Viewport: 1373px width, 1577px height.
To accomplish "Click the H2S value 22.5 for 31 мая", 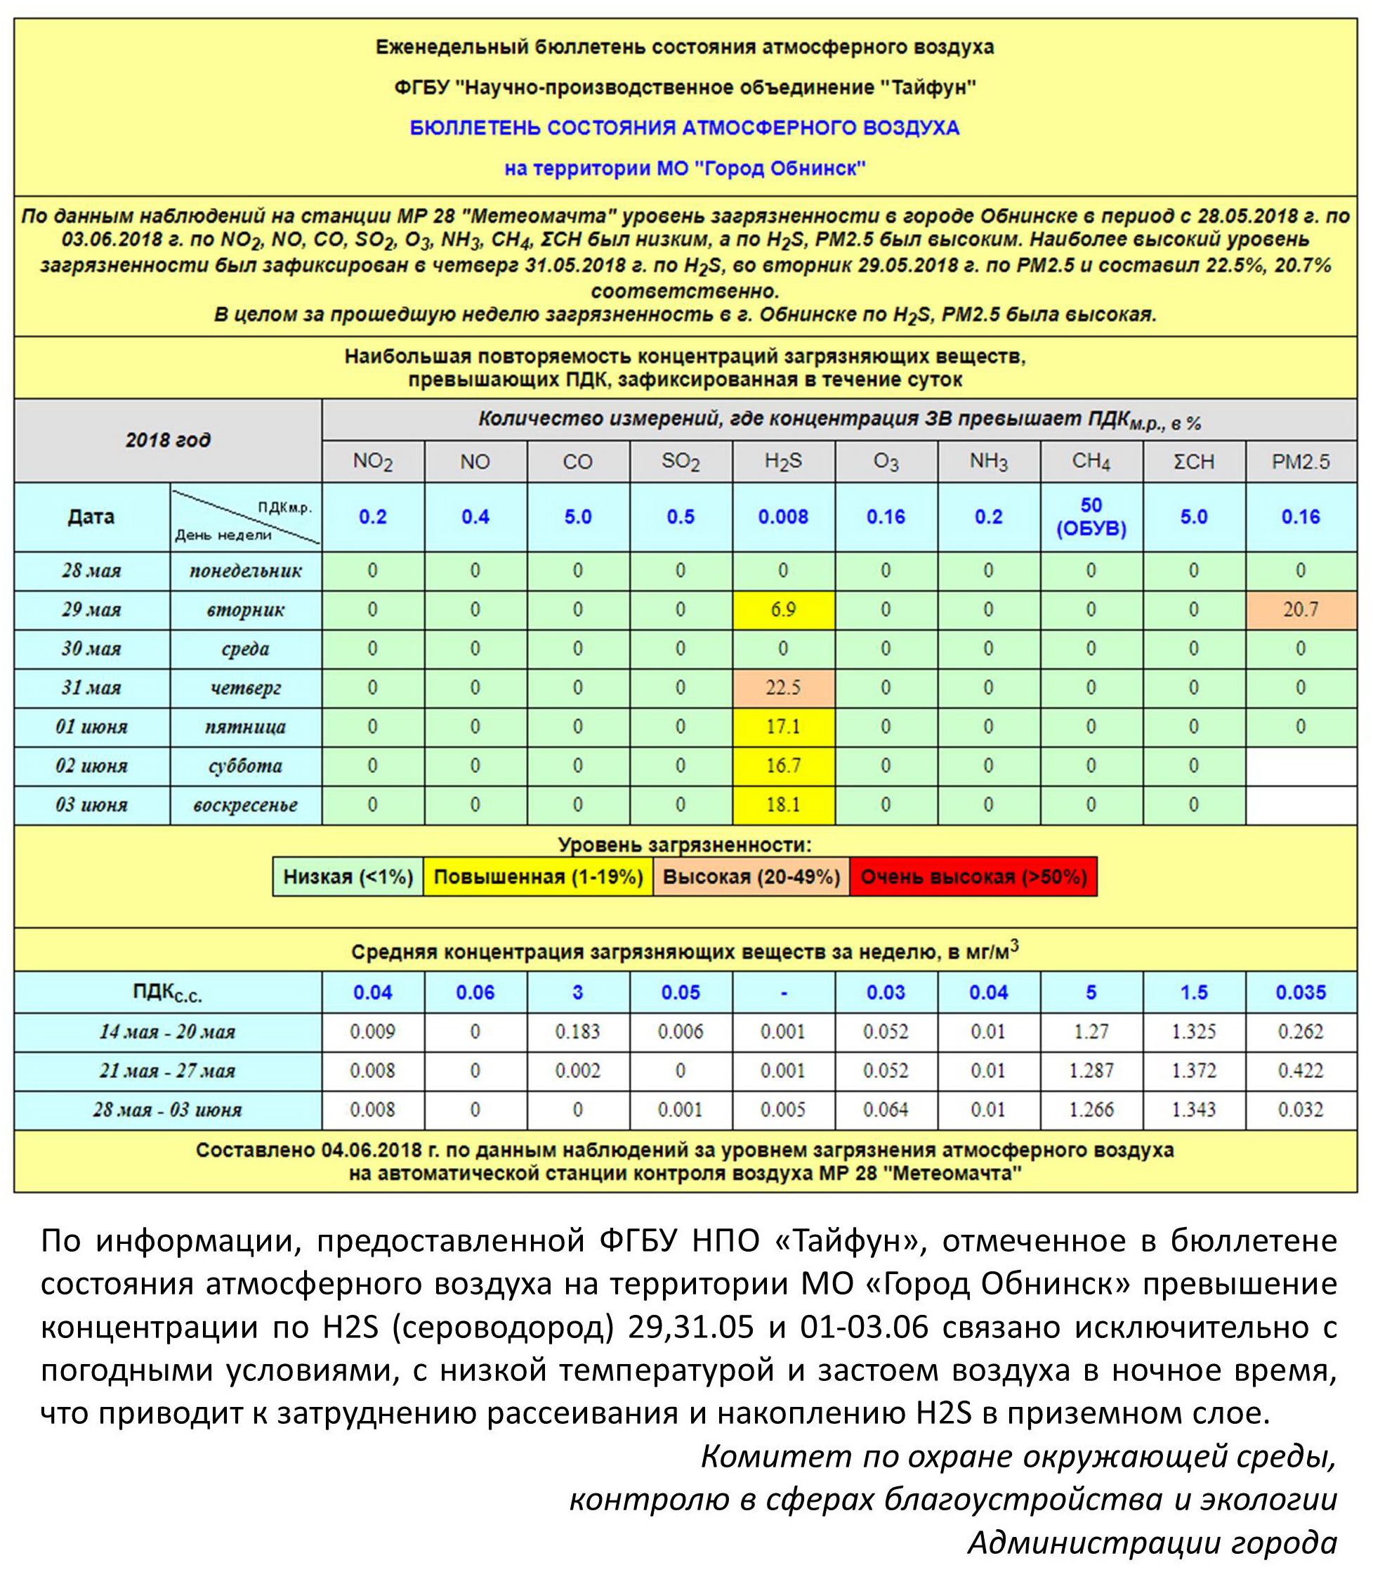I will (x=783, y=688).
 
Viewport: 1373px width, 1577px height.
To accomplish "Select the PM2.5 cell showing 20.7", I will (x=1300, y=609).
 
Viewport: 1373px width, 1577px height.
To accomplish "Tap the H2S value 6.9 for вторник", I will (x=783, y=609).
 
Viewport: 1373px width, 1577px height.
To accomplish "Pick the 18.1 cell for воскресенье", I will (x=783, y=805).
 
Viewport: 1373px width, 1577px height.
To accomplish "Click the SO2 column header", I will (x=681, y=462).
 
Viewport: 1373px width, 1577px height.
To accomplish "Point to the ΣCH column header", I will (x=1194, y=462).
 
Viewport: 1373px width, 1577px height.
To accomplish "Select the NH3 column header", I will (x=988, y=462).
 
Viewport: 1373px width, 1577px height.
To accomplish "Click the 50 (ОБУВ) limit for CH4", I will (x=1091, y=517).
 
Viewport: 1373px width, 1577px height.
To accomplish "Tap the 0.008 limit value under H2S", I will (x=783, y=517).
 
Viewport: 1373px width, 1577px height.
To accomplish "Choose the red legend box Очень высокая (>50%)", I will (x=973, y=877).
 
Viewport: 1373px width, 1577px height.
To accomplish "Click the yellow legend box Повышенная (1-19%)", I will (x=538, y=877).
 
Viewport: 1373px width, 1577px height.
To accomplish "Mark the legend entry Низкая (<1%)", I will (x=348, y=877).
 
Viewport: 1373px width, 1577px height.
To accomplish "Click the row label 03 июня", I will (x=91, y=805).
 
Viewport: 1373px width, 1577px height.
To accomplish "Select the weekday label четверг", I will (x=245, y=688).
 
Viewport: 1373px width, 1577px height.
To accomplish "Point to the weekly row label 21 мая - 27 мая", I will (x=167, y=1071).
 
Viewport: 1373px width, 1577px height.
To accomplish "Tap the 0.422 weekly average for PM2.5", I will (x=1300, y=1071).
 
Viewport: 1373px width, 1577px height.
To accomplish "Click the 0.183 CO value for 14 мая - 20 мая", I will (x=578, y=1032).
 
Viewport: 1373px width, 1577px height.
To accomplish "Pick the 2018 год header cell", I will (x=168, y=440).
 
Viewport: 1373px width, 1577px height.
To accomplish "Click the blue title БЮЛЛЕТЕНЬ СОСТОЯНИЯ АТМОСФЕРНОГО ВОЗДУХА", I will (x=684, y=127).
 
